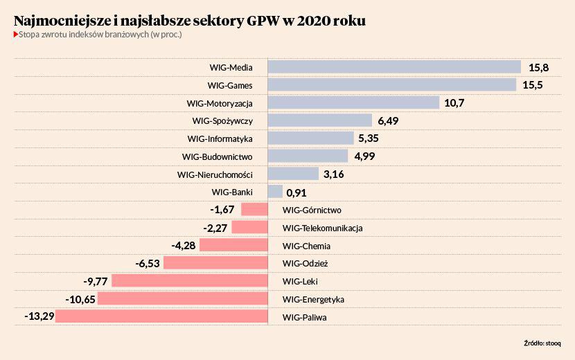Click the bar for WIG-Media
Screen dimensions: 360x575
(394, 67)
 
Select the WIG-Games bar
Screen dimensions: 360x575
(392, 85)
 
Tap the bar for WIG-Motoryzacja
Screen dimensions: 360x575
(353, 102)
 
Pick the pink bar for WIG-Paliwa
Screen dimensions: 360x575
(161, 316)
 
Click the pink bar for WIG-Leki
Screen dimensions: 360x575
(190, 281)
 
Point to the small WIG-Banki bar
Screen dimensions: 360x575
(275, 192)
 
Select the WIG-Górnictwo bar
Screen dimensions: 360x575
(254, 210)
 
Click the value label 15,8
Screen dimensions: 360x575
(538, 67)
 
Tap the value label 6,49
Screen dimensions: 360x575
(392, 120)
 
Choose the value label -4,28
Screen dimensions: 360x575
(183, 245)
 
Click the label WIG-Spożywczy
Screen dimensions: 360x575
(222, 120)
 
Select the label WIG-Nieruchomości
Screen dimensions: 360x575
(215, 174)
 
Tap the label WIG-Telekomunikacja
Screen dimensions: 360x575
(323, 228)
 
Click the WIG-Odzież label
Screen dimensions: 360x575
(306, 263)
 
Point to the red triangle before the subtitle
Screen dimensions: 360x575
(15, 34)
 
